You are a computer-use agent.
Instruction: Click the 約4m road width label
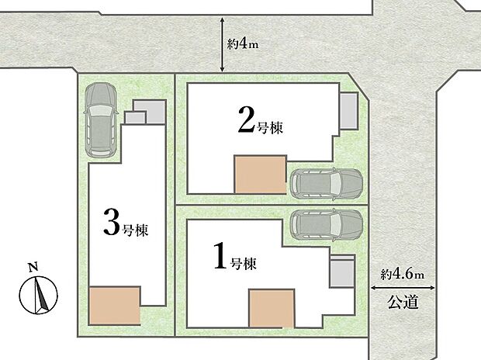pyautogui.click(x=242, y=44)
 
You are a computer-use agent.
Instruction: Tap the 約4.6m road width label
pyautogui.click(x=403, y=274)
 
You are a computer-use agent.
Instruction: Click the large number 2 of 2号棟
pyautogui.click(x=245, y=122)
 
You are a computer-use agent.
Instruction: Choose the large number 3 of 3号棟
pyautogui.click(x=111, y=223)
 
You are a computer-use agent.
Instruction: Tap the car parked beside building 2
pyautogui.click(x=326, y=184)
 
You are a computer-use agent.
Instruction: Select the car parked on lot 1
pyautogui.click(x=326, y=224)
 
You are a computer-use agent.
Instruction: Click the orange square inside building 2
pyautogui.click(x=261, y=174)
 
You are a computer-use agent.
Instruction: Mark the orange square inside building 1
pyautogui.click(x=272, y=308)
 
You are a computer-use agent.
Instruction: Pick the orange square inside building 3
pyautogui.click(x=114, y=305)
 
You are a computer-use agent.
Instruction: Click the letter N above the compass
pyautogui.click(x=33, y=268)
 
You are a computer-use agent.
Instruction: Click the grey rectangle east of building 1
pyautogui.click(x=342, y=274)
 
